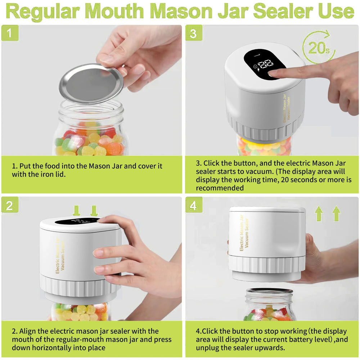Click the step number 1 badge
coord(9,33)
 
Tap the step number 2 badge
coord(9,206)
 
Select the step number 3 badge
coord(194,33)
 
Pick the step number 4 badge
coord(194,206)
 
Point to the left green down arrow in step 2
coord(76,210)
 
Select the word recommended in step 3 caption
coord(220,188)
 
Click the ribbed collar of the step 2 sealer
coord(79,286)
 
